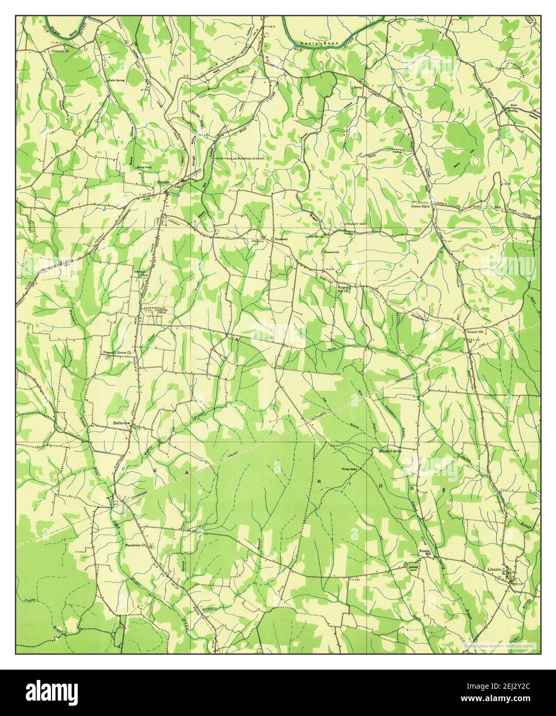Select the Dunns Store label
click(420, 206)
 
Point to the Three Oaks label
click(349, 469)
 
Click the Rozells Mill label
click(424, 552)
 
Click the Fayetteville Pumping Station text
click(240, 159)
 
